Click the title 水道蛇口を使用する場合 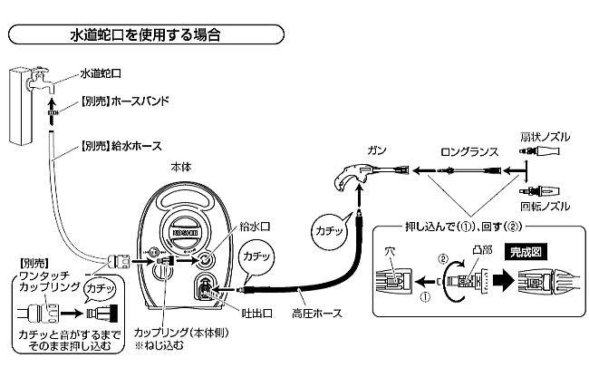click(x=145, y=35)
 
